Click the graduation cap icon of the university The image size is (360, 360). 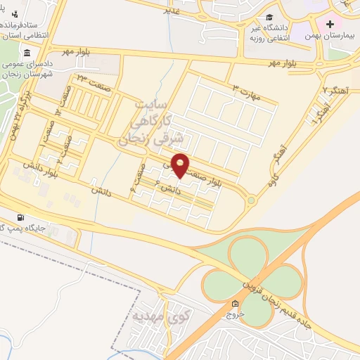pyautogui.click(x=270, y=18)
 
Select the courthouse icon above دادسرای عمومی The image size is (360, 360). pyautogui.click(x=27, y=54)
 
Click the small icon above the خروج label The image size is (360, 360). pyautogui.click(x=235, y=304)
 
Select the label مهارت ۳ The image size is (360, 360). pyautogui.click(x=248, y=93)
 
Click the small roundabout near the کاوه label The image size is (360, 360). pyautogui.click(x=251, y=200)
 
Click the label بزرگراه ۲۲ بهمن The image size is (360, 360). pyautogui.click(x=18, y=112)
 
